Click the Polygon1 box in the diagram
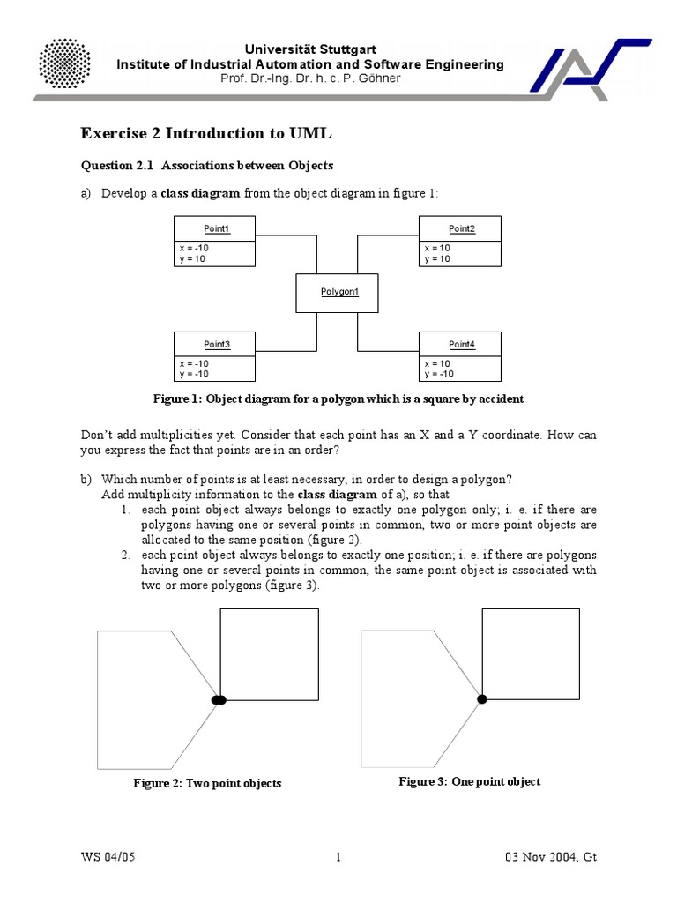pyautogui.click(x=338, y=292)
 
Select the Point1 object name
pyautogui.click(x=216, y=229)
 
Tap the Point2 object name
pyautogui.click(x=461, y=229)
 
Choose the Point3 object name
pyautogui.click(x=216, y=344)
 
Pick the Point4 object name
pyautogui.click(x=461, y=344)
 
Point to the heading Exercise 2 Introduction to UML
pyautogui.click(x=207, y=133)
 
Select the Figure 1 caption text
pyautogui.click(x=338, y=399)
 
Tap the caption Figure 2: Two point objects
pyautogui.click(x=207, y=783)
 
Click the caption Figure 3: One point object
pyautogui.click(x=469, y=781)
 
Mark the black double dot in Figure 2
pyautogui.click(x=219, y=699)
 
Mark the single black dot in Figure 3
pyautogui.click(x=481, y=699)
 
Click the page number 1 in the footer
pyautogui.click(x=338, y=857)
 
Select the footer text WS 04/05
pyautogui.click(x=108, y=857)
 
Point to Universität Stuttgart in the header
pyautogui.click(x=312, y=49)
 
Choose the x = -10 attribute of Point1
pyautogui.click(x=194, y=249)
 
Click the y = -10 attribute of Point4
pyautogui.click(x=439, y=374)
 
